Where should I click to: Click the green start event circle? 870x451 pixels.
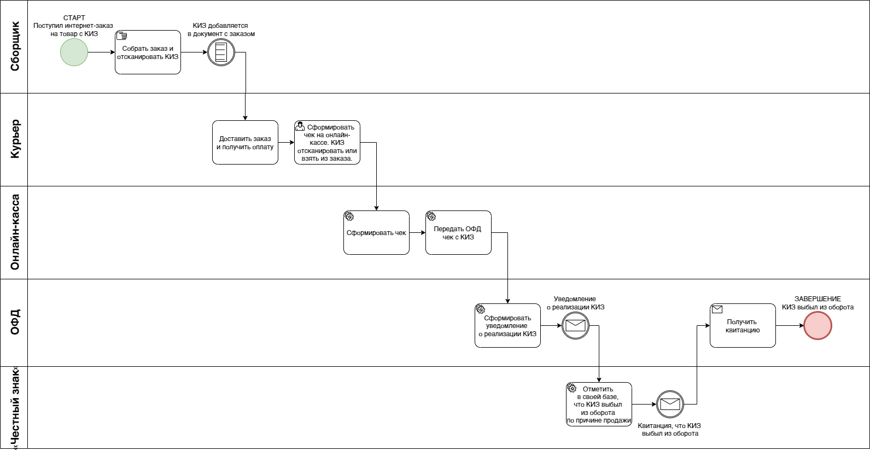coord(74,52)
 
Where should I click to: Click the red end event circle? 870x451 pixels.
coord(818,326)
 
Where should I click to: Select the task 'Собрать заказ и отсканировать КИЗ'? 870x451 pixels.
coord(148,52)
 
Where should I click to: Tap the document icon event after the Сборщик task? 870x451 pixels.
coord(221,52)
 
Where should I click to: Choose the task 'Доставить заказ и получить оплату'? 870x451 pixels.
coord(245,143)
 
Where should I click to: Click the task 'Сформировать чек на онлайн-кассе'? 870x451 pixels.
coord(327,143)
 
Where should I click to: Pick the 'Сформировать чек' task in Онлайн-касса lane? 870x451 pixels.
coord(376,233)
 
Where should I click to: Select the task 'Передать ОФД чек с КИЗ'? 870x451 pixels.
coord(458,233)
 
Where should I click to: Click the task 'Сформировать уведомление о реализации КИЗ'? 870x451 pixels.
coord(507,326)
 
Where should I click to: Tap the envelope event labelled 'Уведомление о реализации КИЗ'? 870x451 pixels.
coord(575,326)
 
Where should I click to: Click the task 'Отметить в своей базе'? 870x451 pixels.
coord(599,405)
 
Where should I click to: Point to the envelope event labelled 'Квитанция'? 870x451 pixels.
coord(670,405)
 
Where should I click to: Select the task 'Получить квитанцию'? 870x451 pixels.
coord(743,326)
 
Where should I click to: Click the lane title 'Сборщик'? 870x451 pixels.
coord(14,46)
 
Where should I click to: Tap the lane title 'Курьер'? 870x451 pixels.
coord(14,139)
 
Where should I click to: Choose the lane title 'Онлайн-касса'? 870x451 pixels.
coord(14,232)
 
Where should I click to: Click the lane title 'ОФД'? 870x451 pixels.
coord(14,323)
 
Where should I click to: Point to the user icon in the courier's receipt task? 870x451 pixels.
coord(300,126)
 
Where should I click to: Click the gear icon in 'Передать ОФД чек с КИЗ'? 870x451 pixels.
coord(431,216)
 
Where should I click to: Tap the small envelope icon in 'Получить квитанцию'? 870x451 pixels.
coord(717,309)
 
